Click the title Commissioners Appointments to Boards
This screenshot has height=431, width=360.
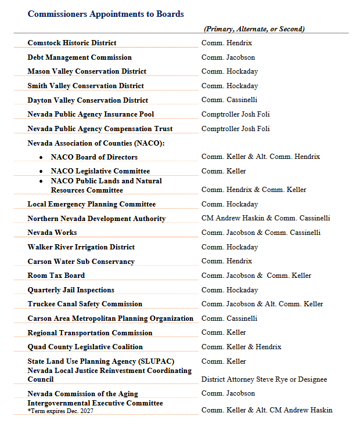[106, 13]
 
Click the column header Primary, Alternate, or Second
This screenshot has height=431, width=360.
[254, 29]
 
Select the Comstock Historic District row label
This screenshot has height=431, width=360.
[72, 43]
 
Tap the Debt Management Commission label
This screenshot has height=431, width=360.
[80, 57]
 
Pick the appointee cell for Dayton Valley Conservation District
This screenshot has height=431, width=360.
[229, 100]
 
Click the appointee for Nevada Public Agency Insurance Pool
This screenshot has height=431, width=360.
[235, 114]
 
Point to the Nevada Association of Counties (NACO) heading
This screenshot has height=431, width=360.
[96, 143]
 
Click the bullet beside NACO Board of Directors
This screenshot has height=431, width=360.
[41, 157]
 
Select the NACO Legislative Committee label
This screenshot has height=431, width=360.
[100, 171]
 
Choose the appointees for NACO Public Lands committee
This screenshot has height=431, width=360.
[254, 190]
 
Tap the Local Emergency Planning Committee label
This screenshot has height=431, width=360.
[92, 204]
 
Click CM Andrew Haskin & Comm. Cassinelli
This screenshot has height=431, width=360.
[265, 218]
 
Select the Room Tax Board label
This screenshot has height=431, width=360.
[56, 276]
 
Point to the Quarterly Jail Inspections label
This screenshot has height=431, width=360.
[71, 290]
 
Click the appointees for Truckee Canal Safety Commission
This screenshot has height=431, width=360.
[262, 304]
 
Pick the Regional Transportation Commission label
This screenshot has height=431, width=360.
[90, 333]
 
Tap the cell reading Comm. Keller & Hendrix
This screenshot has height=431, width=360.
[241, 347]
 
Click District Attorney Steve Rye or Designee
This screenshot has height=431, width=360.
[264, 379]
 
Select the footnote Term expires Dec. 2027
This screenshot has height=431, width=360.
[60, 411]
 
